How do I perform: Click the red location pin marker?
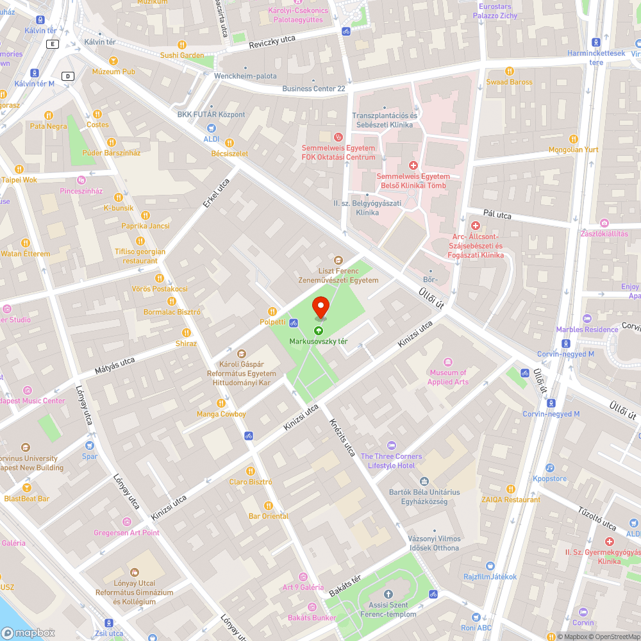(x=320, y=306)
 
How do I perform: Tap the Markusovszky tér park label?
(x=319, y=341)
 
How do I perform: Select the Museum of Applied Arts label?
(x=448, y=377)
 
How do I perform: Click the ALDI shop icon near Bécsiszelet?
(x=211, y=128)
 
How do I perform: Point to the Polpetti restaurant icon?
(x=272, y=311)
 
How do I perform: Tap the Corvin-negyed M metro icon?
(x=551, y=403)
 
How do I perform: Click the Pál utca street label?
(x=497, y=215)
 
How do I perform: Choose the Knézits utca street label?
(x=342, y=437)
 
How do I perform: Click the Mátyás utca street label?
(x=115, y=366)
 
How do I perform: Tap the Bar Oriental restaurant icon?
(x=269, y=505)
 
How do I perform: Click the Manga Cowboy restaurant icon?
(x=221, y=403)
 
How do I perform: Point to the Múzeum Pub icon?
(x=113, y=61)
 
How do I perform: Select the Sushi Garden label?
(x=182, y=55)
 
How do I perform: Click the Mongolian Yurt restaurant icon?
(x=573, y=138)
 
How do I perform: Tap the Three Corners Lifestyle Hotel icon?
(x=391, y=445)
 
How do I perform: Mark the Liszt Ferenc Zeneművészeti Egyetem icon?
(x=338, y=260)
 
